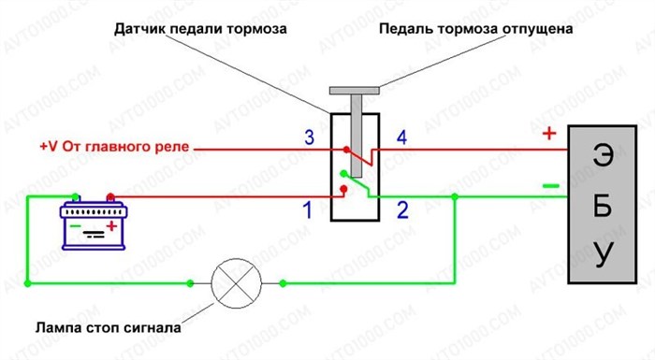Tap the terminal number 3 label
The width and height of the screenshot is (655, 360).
tap(310, 138)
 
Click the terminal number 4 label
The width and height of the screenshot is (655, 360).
tap(401, 138)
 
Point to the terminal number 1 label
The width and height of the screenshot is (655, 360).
tap(306, 210)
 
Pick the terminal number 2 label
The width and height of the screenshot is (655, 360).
tap(402, 210)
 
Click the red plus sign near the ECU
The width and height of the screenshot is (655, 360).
tap(549, 134)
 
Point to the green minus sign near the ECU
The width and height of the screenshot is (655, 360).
tap(549, 185)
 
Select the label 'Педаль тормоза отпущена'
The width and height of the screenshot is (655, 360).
tap(475, 29)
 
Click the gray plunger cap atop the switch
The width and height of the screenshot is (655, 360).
tap(354, 91)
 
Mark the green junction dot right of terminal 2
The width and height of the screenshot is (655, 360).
tap(454, 196)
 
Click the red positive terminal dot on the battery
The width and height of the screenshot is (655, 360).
tap(109, 197)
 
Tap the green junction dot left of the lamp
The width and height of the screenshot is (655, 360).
tap(190, 281)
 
